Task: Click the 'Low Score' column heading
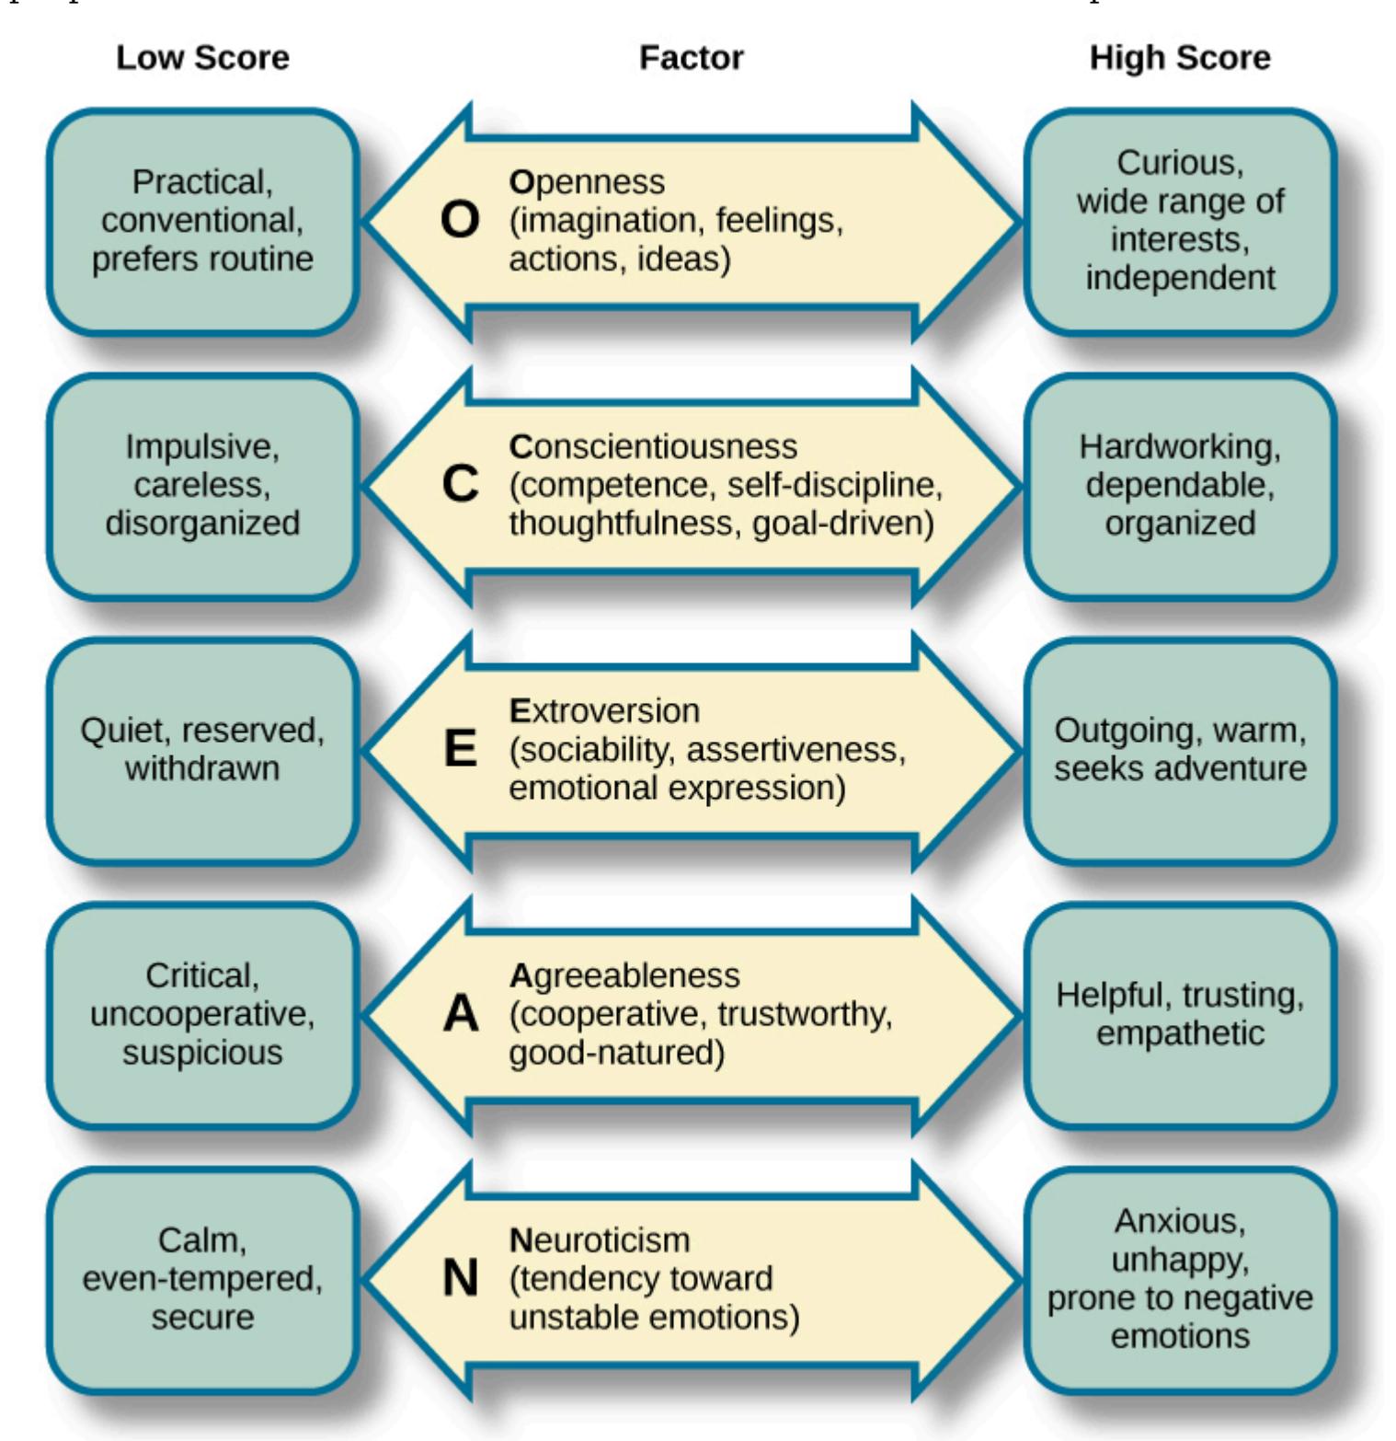pyautogui.click(x=202, y=58)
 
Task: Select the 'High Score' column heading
pyautogui.click(x=1180, y=58)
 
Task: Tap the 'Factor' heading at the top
pyautogui.click(x=691, y=58)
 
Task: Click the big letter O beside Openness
pyautogui.click(x=460, y=221)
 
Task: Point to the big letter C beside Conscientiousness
pyautogui.click(x=460, y=484)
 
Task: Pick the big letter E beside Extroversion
pyautogui.click(x=460, y=749)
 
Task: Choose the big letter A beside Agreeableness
pyautogui.click(x=460, y=1014)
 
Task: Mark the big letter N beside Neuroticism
pyautogui.click(x=460, y=1278)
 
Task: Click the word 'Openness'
pyautogui.click(x=587, y=182)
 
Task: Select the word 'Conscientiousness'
pyautogui.click(x=653, y=446)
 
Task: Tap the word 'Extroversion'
pyautogui.click(x=604, y=710)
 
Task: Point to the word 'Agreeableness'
pyautogui.click(x=624, y=975)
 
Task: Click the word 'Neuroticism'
pyautogui.click(x=600, y=1239)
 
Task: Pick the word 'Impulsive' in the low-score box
pyautogui.click(x=202, y=446)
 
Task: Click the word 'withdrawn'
pyautogui.click(x=202, y=768)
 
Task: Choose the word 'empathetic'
pyautogui.click(x=1180, y=1033)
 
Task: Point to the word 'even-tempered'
pyautogui.click(x=202, y=1278)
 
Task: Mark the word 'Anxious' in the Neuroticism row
pyautogui.click(x=1180, y=1221)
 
